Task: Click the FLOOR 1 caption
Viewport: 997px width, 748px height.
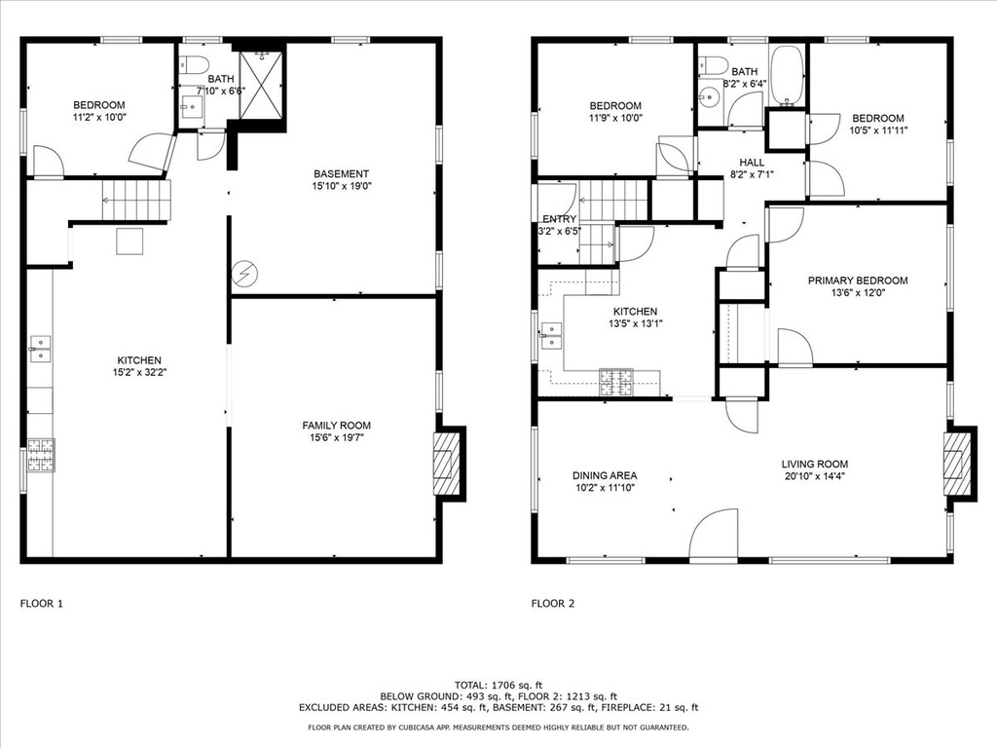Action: (41, 604)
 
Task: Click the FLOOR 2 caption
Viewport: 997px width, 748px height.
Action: (553, 604)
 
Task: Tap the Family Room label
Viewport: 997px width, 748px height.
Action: (336, 426)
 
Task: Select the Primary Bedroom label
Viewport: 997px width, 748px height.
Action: (858, 280)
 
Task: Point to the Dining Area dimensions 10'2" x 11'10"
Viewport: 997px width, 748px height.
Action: (605, 488)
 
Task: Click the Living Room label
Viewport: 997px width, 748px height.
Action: (815, 465)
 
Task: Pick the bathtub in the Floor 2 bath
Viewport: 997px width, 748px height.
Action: (788, 76)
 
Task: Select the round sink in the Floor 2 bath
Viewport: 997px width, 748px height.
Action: (707, 98)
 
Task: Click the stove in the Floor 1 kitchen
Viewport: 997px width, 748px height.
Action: (41, 456)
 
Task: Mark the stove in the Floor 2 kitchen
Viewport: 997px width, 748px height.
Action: (616, 382)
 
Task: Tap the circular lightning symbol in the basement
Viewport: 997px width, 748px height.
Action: (244, 274)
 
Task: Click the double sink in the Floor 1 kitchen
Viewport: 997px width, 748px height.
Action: (40, 350)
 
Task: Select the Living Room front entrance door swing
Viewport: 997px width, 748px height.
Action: (714, 535)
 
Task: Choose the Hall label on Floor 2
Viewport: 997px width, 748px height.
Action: (752, 163)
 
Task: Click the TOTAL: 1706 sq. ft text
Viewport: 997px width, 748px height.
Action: (498, 685)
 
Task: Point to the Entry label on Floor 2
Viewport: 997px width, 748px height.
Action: (560, 219)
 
